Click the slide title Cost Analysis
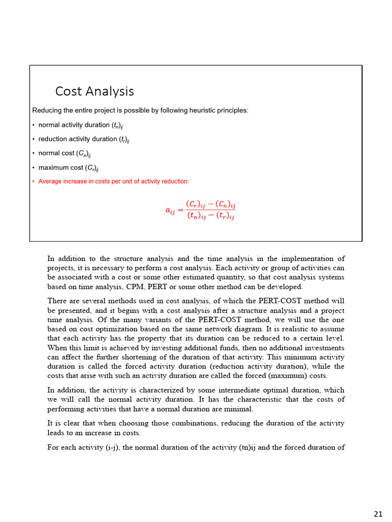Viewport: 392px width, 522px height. click(x=94, y=91)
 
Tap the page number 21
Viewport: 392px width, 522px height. click(x=378, y=513)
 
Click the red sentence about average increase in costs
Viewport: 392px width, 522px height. click(x=113, y=181)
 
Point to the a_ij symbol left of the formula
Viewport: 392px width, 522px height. click(x=170, y=211)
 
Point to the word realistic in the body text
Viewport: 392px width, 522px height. click(x=296, y=329)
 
